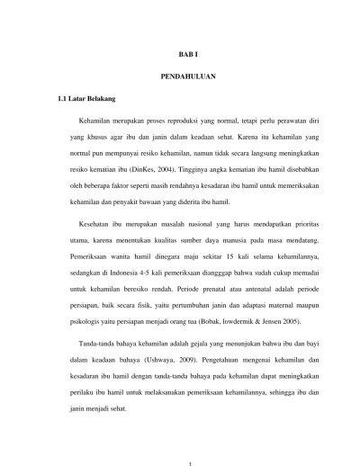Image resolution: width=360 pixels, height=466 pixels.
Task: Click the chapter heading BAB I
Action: coord(181,54)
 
